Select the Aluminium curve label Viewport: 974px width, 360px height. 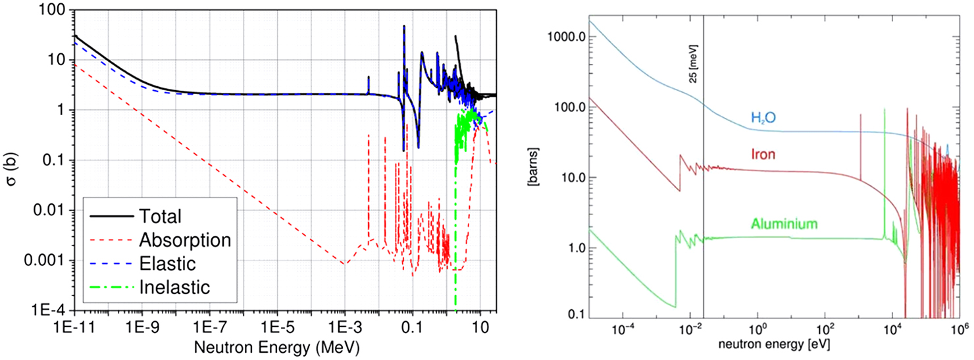(x=782, y=224)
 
